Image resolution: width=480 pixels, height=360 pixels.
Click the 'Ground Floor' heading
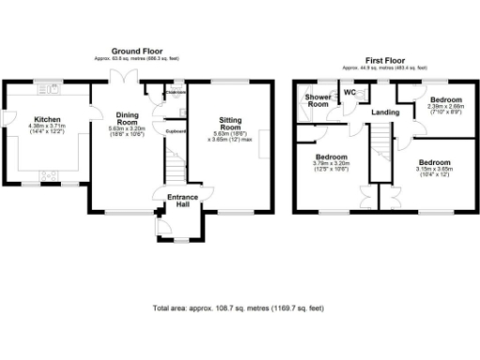coord(138,51)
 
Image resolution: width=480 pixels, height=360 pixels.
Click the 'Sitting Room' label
coord(231,126)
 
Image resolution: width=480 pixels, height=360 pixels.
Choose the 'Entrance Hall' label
coord(181,202)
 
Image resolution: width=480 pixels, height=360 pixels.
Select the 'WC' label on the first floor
coord(349,93)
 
